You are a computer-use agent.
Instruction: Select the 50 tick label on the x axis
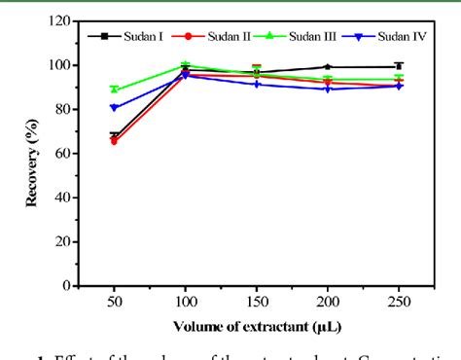tap(114, 302)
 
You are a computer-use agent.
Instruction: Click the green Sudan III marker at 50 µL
tap(114, 90)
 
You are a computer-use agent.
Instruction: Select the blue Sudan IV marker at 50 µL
tap(114, 108)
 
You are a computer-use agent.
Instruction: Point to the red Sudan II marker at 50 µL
tap(114, 141)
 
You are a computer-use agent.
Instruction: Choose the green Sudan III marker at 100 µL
tap(185, 65)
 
